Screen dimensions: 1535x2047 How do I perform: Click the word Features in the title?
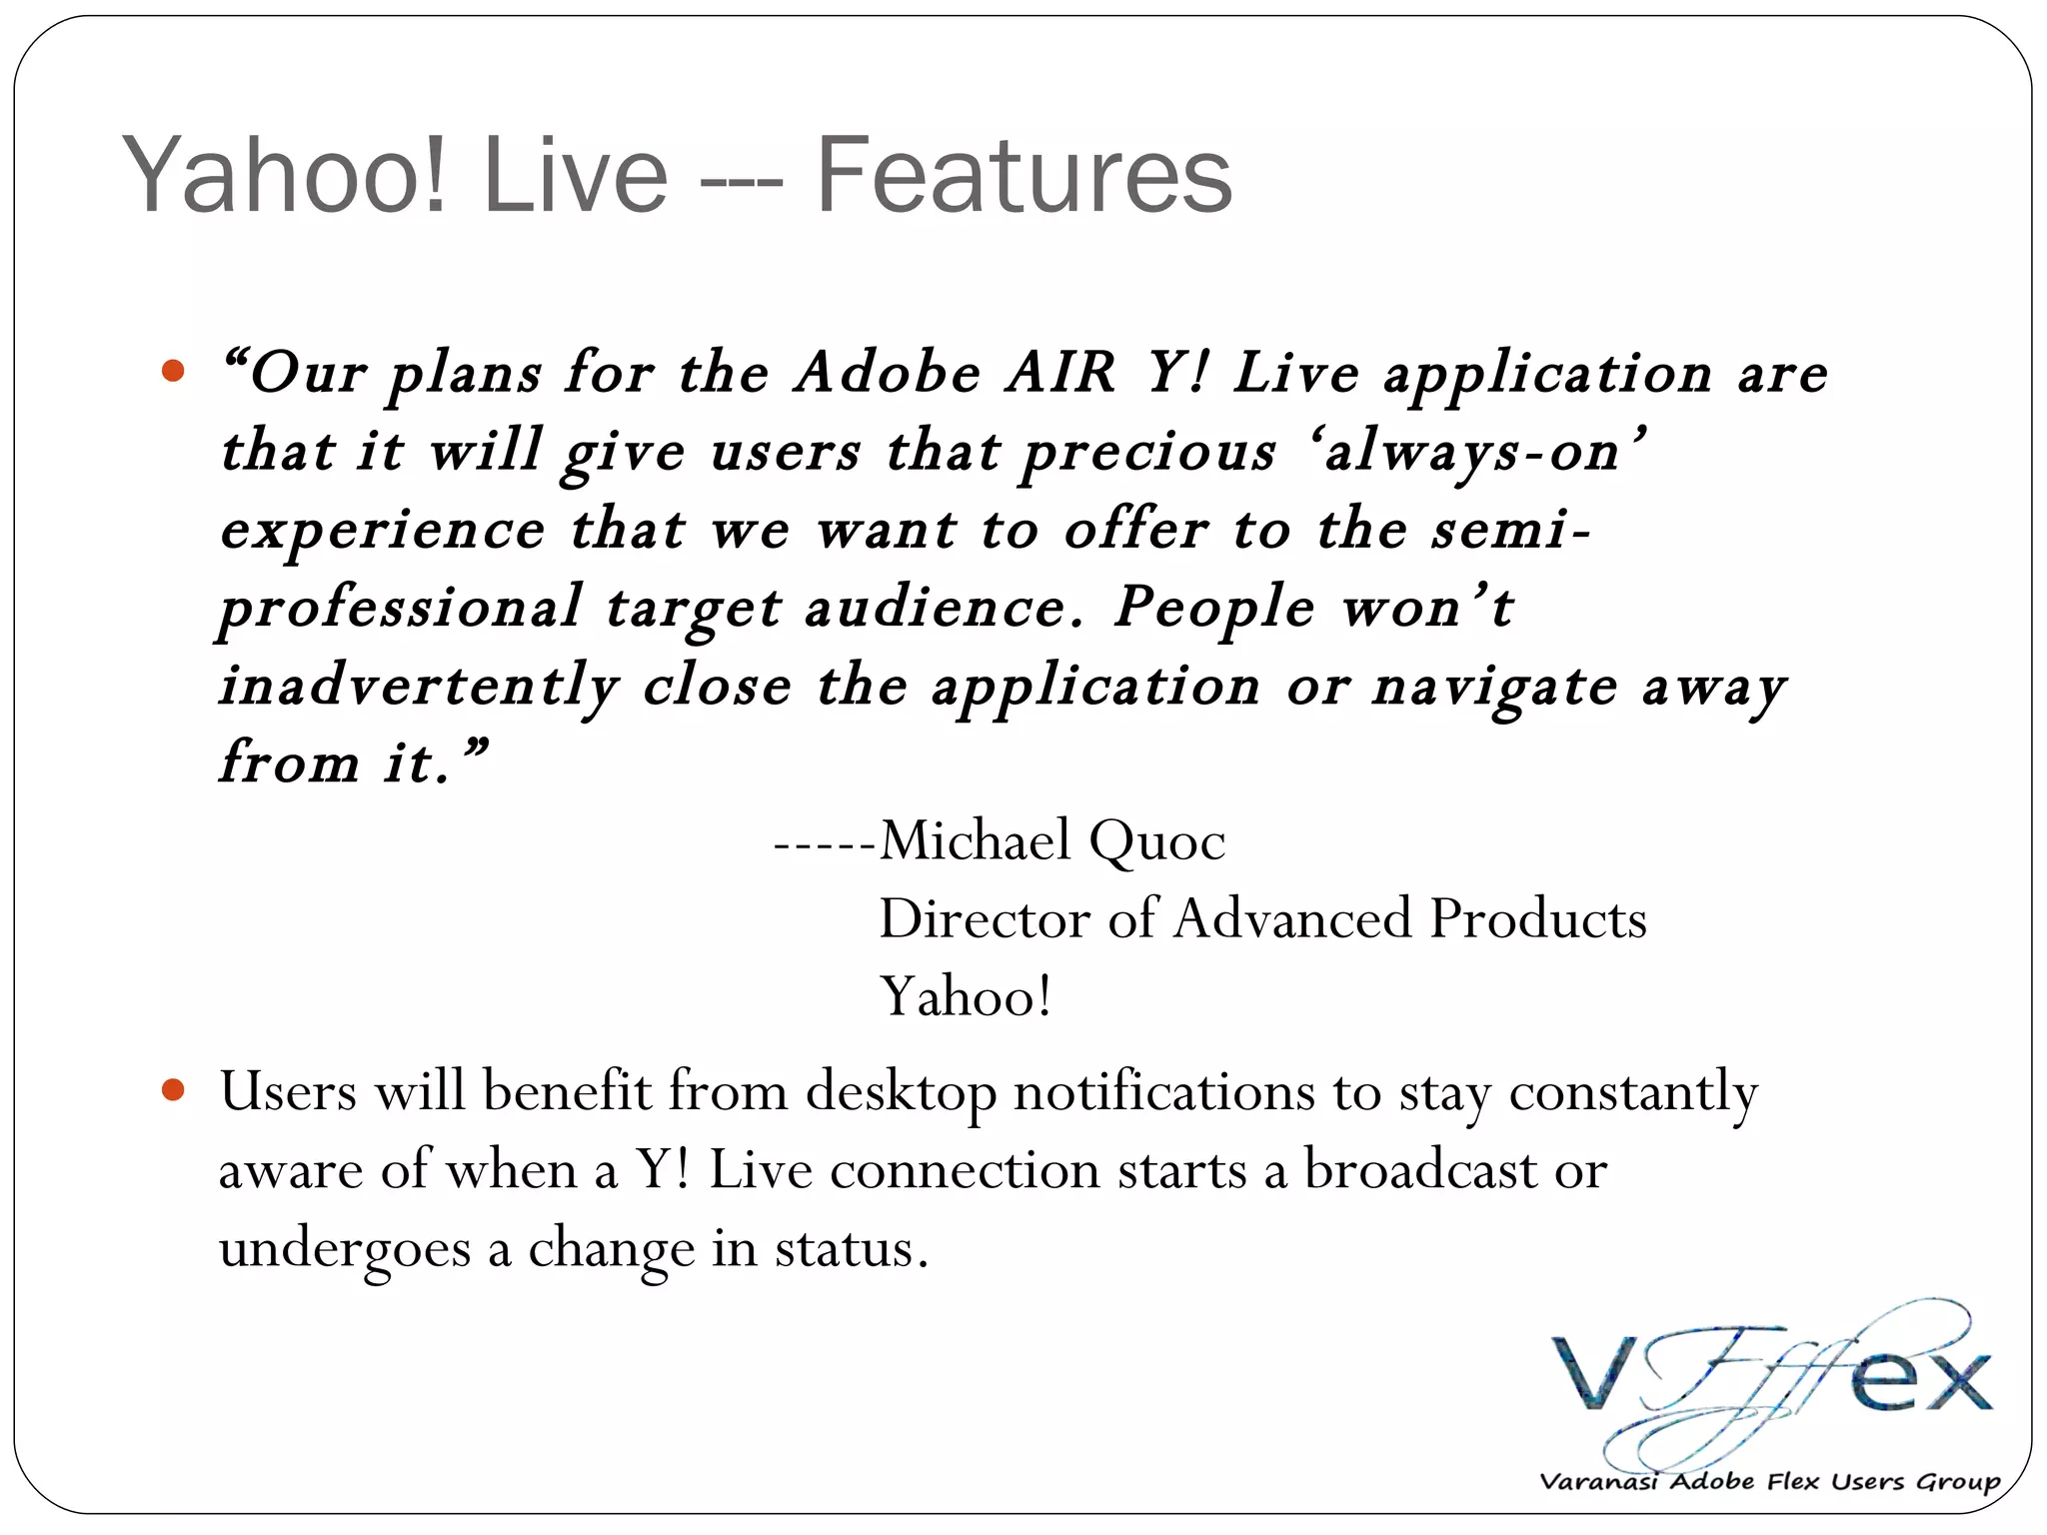(1023, 176)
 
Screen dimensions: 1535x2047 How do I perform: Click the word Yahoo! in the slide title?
(284, 178)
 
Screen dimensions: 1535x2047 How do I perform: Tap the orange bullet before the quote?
(173, 372)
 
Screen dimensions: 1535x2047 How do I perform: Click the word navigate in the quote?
(1494, 688)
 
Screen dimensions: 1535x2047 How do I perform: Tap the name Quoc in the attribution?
(1156, 841)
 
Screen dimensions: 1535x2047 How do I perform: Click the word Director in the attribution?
(984, 919)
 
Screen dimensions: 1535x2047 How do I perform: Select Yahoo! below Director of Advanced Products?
(966, 997)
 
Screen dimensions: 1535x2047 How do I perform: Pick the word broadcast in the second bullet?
(1419, 1169)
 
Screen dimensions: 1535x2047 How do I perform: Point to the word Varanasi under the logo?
(1600, 1481)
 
